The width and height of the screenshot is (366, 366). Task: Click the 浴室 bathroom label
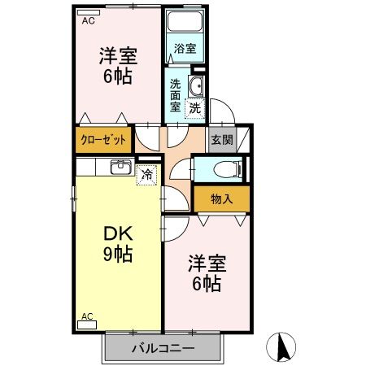tap(185, 49)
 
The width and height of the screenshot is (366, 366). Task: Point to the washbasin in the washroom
tap(196, 87)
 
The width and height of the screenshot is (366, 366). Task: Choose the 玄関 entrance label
tap(221, 140)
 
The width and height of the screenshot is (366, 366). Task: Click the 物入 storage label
tap(221, 198)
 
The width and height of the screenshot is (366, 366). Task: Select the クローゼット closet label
tap(103, 140)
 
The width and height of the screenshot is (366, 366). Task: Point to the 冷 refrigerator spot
tap(146, 173)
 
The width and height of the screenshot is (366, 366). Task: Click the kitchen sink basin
tap(120, 168)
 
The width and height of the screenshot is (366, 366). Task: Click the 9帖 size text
tap(117, 255)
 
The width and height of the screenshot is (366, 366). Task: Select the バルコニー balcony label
tap(163, 348)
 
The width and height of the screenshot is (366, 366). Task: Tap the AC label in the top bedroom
tap(88, 22)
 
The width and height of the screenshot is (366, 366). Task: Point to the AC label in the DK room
tap(87, 316)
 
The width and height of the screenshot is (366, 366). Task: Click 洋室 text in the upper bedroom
tap(118, 57)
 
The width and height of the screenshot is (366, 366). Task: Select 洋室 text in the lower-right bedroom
tap(207, 264)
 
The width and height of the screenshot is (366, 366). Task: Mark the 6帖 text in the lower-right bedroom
tap(207, 284)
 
